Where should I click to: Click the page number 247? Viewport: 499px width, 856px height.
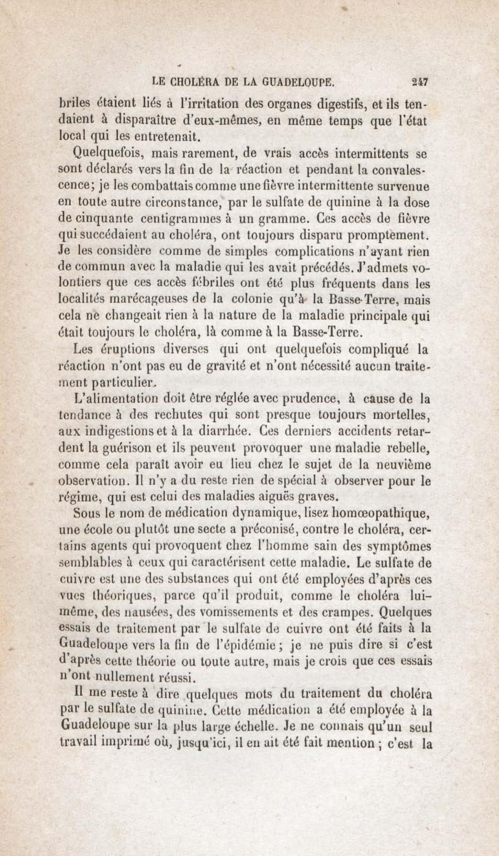(420, 82)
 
